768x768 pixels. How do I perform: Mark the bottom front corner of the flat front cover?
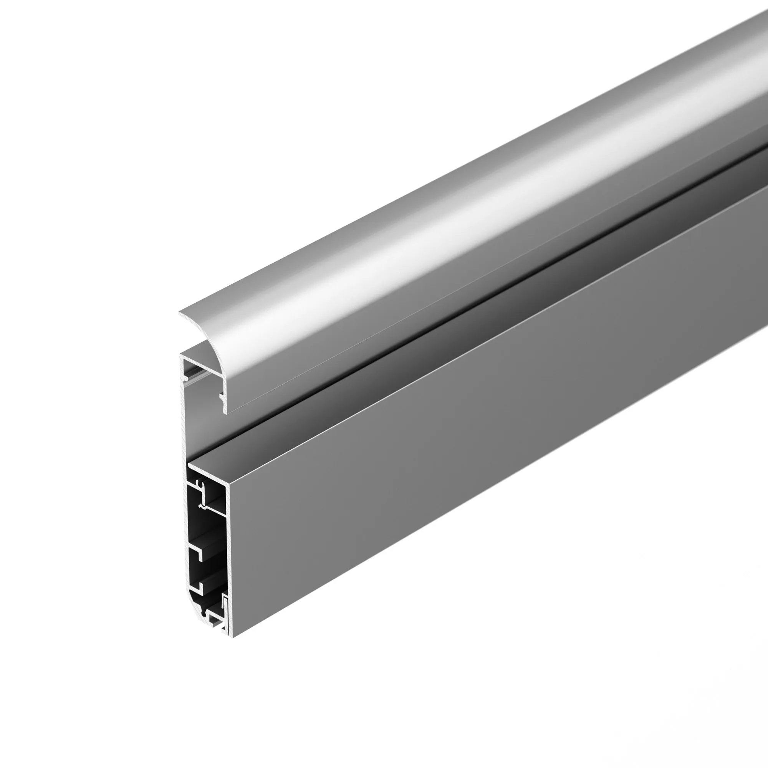[x=233, y=637]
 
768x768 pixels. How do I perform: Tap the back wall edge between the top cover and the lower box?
[x=184, y=429]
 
